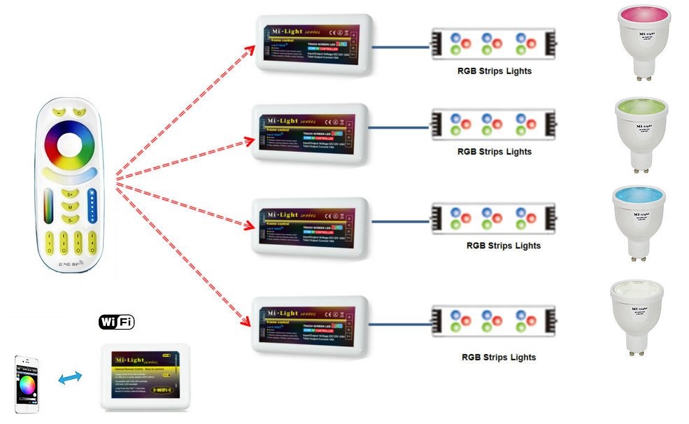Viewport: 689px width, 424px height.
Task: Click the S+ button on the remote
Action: coord(69,194)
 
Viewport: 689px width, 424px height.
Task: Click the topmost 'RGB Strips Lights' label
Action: coord(494,71)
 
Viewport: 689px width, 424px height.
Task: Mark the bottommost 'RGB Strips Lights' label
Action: coord(498,357)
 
